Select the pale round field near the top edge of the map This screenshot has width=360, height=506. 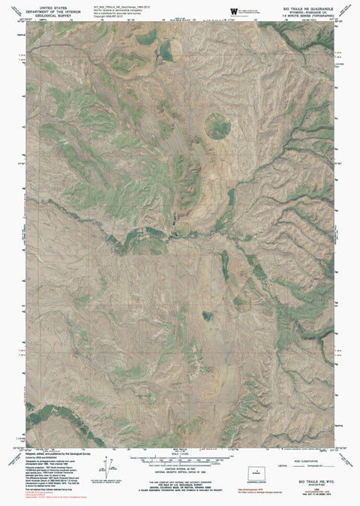pyautogui.click(x=163, y=50)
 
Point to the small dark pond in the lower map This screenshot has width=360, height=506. pyautogui.click(x=206, y=315)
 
